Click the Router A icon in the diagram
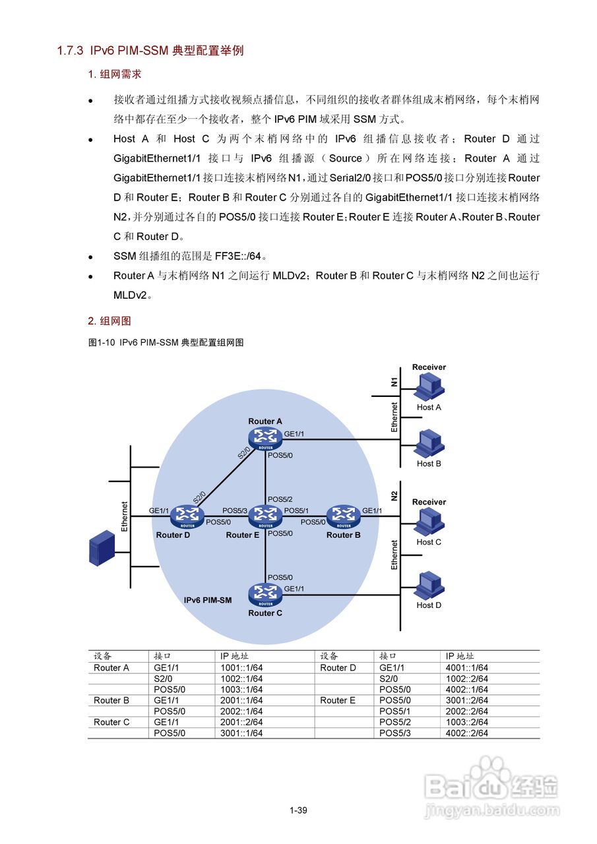(x=265, y=437)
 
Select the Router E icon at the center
(x=265, y=515)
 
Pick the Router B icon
(x=343, y=515)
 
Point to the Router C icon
(x=265, y=594)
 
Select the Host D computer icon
(x=429, y=585)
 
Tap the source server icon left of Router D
(x=102, y=549)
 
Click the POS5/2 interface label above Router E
(x=279, y=499)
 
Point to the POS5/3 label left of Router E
(x=235, y=510)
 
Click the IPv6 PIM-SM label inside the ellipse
(x=207, y=601)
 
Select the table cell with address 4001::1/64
(x=466, y=668)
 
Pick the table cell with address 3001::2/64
(x=466, y=700)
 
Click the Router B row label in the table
(x=111, y=700)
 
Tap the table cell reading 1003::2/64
(x=466, y=722)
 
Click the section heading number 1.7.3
(x=71, y=51)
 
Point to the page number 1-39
(x=298, y=810)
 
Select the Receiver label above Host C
(x=429, y=502)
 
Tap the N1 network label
(x=394, y=382)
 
